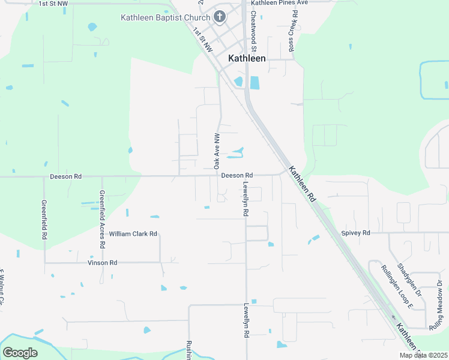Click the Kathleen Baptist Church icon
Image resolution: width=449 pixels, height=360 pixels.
pos(220,17)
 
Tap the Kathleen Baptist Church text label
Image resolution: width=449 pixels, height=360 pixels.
pos(166,17)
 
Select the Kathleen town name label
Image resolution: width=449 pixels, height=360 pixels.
pos(247,58)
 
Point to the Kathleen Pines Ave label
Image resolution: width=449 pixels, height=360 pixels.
pos(279,3)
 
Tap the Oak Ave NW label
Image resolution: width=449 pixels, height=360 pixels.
pos(217,151)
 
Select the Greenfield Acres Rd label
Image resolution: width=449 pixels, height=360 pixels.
pos(102,220)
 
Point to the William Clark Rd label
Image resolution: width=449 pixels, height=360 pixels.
pos(133,233)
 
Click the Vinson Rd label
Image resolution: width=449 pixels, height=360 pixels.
pos(102,263)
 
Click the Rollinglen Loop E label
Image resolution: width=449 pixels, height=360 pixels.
pos(398,287)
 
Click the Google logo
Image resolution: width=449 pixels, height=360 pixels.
pos(20,352)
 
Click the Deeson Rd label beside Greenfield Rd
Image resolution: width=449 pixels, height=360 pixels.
pos(65,177)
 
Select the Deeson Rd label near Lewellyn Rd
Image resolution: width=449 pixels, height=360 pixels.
pos(237,175)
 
